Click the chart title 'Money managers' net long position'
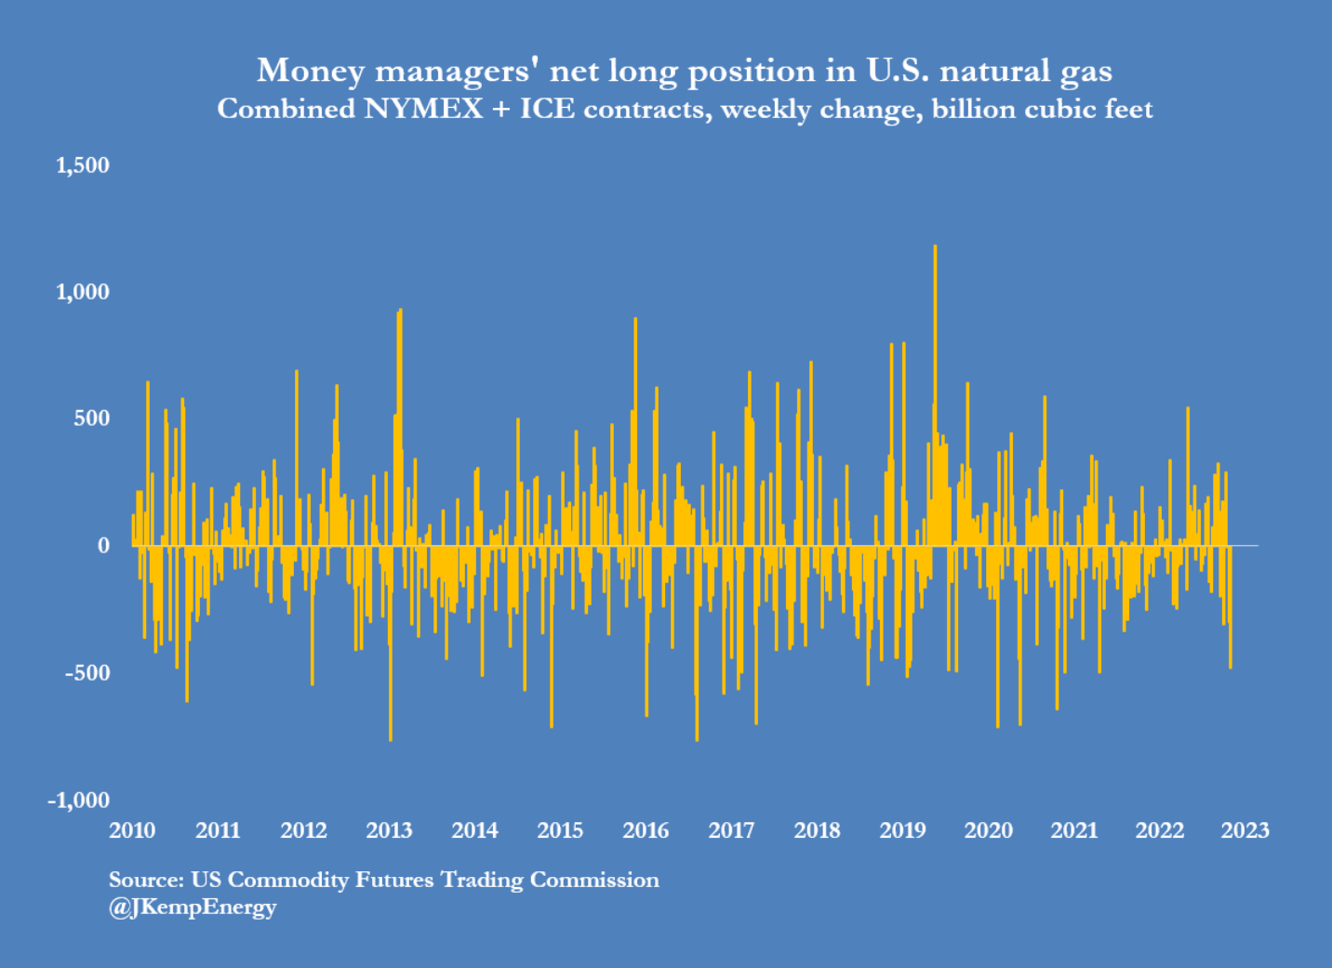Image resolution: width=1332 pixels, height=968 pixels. (x=684, y=71)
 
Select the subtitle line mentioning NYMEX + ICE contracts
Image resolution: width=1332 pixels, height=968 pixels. (x=685, y=109)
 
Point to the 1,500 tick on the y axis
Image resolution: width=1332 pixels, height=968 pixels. (x=83, y=166)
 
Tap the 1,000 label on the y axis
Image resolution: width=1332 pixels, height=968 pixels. (x=83, y=292)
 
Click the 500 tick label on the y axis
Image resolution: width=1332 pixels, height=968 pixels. (x=91, y=418)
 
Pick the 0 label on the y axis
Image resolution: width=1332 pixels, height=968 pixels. (x=103, y=546)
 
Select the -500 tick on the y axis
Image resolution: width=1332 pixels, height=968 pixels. (x=87, y=672)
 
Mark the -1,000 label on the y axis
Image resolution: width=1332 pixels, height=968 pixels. (x=78, y=800)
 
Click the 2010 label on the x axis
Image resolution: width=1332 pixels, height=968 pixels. (x=132, y=830)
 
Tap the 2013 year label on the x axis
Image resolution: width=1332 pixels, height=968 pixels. (x=389, y=830)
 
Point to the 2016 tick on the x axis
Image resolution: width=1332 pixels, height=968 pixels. (x=646, y=830)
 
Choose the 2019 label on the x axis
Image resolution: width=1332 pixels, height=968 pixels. (x=902, y=830)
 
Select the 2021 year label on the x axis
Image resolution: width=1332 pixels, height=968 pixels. (x=1074, y=830)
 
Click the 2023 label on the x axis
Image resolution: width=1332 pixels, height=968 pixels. (x=1245, y=830)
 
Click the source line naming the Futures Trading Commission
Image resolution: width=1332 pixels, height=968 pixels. (x=383, y=880)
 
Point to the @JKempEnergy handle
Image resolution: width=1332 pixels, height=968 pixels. (x=193, y=907)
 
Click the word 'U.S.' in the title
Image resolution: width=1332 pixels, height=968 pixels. (x=898, y=71)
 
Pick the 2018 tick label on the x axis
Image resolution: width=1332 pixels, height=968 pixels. (x=817, y=830)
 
